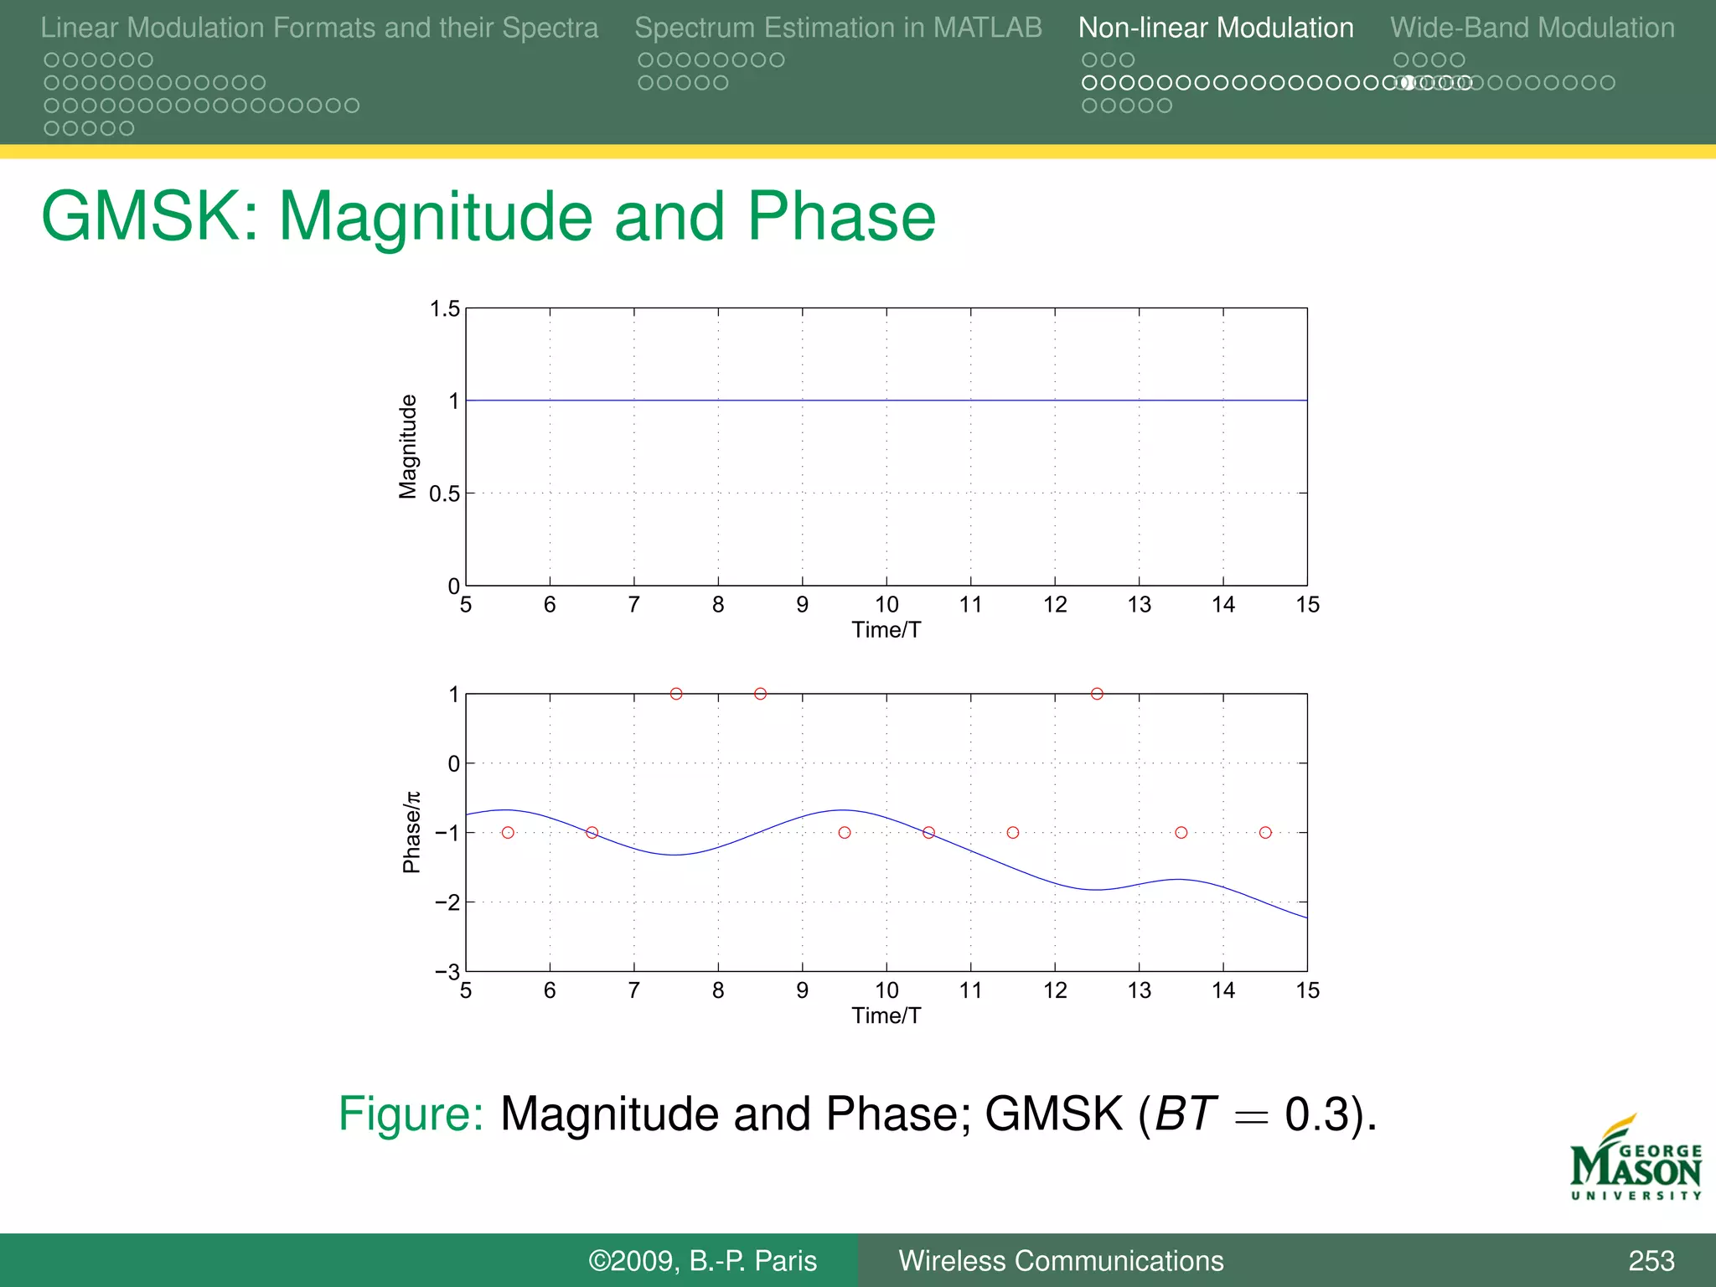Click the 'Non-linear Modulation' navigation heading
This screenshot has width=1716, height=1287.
(1215, 28)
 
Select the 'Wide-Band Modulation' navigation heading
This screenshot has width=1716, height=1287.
(1532, 28)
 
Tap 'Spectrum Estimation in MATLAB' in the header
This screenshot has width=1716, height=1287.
(838, 28)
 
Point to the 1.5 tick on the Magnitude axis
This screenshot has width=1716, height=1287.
(445, 309)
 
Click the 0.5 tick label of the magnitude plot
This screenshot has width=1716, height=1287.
(445, 494)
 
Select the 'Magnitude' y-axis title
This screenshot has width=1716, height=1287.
(408, 447)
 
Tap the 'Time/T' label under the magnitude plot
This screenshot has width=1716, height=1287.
(886, 630)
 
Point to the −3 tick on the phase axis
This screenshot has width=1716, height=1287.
(447, 972)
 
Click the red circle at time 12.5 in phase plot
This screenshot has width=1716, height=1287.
(1097, 694)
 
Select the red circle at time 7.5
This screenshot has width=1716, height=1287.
(676, 694)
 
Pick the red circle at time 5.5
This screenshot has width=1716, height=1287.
(508, 832)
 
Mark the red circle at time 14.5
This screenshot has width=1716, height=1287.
(1265, 832)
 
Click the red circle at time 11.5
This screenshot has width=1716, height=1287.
(1013, 832)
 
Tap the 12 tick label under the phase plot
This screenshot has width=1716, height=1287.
(1055, 990)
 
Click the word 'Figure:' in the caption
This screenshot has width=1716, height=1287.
(411, 1114)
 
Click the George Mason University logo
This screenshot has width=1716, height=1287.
(1636, 1160)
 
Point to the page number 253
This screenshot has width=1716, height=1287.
(1651, 1260)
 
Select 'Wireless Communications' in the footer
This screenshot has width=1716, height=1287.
(1061, 1260)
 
